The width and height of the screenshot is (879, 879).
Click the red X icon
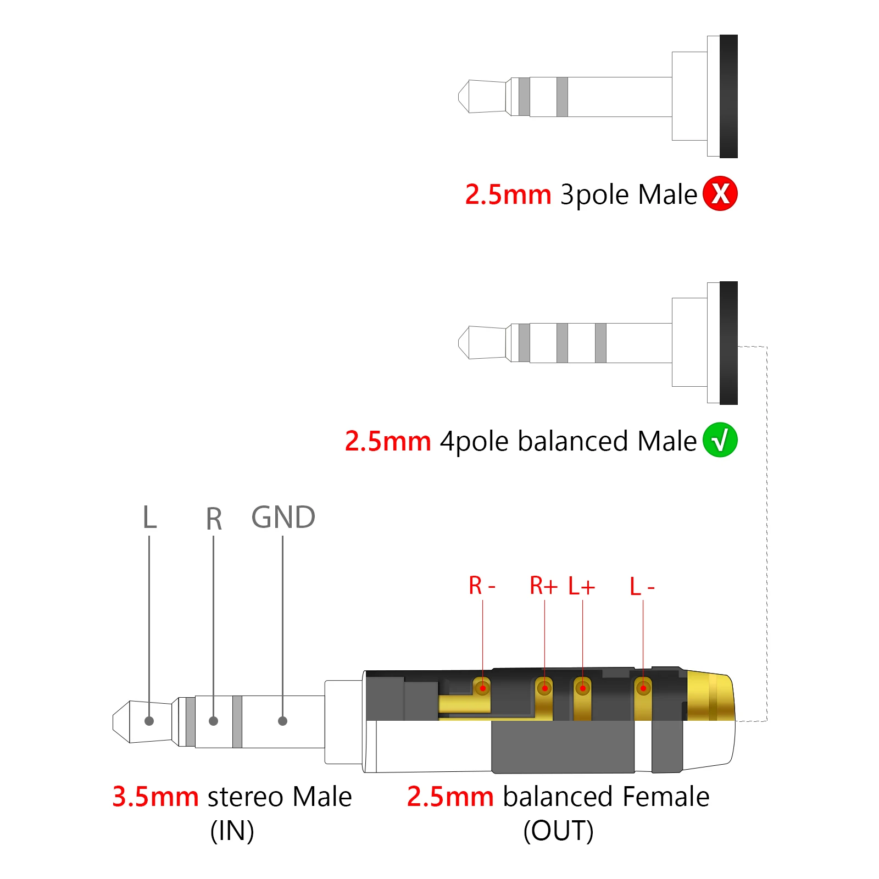[720, 194]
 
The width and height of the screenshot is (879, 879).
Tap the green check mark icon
[720, 440]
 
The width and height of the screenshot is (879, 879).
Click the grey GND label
[283, 518]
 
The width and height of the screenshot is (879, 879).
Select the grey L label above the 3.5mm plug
[149, 518]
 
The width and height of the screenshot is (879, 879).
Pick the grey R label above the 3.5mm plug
[214, 519]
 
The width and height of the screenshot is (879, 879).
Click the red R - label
[482, 586]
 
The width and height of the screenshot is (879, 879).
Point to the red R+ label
[543, 586]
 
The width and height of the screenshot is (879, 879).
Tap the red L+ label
[581, 587]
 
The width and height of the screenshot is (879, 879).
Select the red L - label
[642, 587]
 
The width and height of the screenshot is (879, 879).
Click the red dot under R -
[483, 687]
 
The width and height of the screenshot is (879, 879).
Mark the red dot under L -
[643, 688]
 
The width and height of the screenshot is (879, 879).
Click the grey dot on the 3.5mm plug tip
[149, 721]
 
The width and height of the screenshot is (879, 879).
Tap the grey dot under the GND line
[282, 721]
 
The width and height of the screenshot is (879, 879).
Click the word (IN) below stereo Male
[232, 831]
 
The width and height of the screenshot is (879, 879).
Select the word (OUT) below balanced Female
[558, 831]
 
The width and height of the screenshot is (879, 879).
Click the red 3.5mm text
[155, 797]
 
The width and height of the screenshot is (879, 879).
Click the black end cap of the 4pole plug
[728, 343]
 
